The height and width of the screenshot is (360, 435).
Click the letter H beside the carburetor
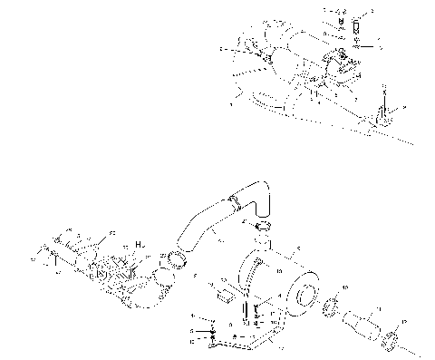point(138,245)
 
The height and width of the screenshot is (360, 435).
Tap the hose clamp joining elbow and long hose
point(234,200)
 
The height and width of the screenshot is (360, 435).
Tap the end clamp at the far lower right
point(391,341)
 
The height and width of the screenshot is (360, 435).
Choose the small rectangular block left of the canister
point(222,293)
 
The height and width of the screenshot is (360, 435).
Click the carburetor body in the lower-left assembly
point(113,271)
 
